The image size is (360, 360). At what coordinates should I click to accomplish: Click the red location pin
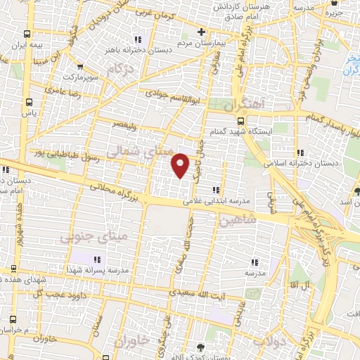pyautogui.click(x=181, y=165)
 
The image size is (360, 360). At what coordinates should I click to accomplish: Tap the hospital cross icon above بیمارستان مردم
pyautogui.click(x=201, y=32)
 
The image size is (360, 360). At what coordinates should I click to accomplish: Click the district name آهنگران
pyautogui.click(x=244, y=103)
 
